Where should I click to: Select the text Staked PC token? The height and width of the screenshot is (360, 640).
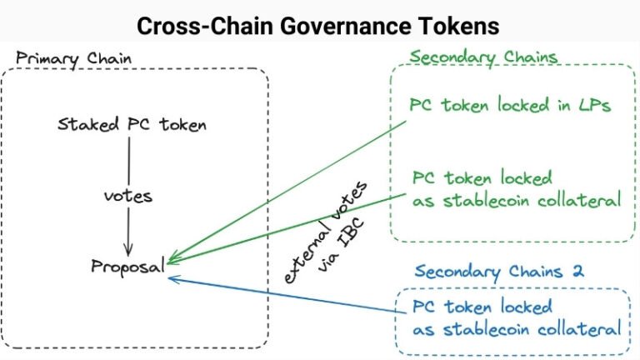[x=132, y=125]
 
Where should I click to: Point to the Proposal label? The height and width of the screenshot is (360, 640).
[x=127, y=267]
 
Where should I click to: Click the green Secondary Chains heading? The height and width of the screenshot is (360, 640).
[x=483, y=57]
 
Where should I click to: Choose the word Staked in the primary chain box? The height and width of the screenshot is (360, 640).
[x=81, y=125]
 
